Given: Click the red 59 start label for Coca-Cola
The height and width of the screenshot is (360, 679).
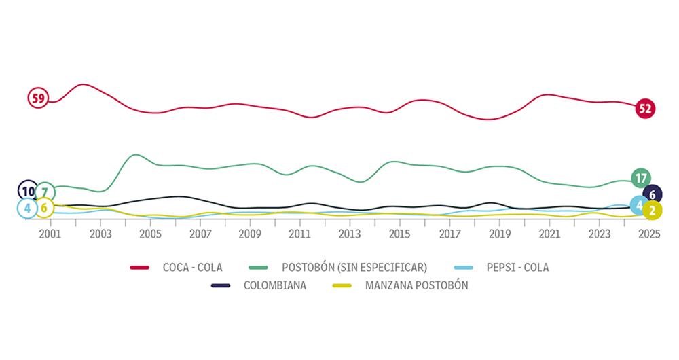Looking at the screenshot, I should coord(38,98).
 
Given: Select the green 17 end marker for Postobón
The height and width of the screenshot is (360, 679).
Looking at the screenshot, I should coord(640,179).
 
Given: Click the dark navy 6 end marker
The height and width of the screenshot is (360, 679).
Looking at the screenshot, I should coord(653,194).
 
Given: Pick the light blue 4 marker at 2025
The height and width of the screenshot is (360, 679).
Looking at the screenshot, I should coord(640,204).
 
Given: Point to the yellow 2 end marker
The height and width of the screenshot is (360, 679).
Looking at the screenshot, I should coord(652,211).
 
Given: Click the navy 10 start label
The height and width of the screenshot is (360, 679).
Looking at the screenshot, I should coord(28,192).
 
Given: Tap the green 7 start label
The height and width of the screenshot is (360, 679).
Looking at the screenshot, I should coord(45,192).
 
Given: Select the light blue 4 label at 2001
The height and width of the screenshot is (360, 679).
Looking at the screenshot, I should coord(27,208).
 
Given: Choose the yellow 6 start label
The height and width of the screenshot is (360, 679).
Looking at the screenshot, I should coord(44,208).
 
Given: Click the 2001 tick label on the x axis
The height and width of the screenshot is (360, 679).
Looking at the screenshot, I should coord(50,234).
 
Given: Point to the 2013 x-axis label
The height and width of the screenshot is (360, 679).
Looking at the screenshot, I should coord(350,234).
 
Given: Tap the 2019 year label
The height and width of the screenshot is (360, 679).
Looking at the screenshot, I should coord(500,234).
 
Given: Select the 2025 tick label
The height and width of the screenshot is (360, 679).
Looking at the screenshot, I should coord(650,234).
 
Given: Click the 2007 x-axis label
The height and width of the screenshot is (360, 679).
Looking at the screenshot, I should coord(200,234).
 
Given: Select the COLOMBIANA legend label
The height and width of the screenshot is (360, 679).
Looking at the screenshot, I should coord(276,285).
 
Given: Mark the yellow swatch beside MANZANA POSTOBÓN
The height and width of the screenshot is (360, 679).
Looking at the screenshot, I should coord(346,285).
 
